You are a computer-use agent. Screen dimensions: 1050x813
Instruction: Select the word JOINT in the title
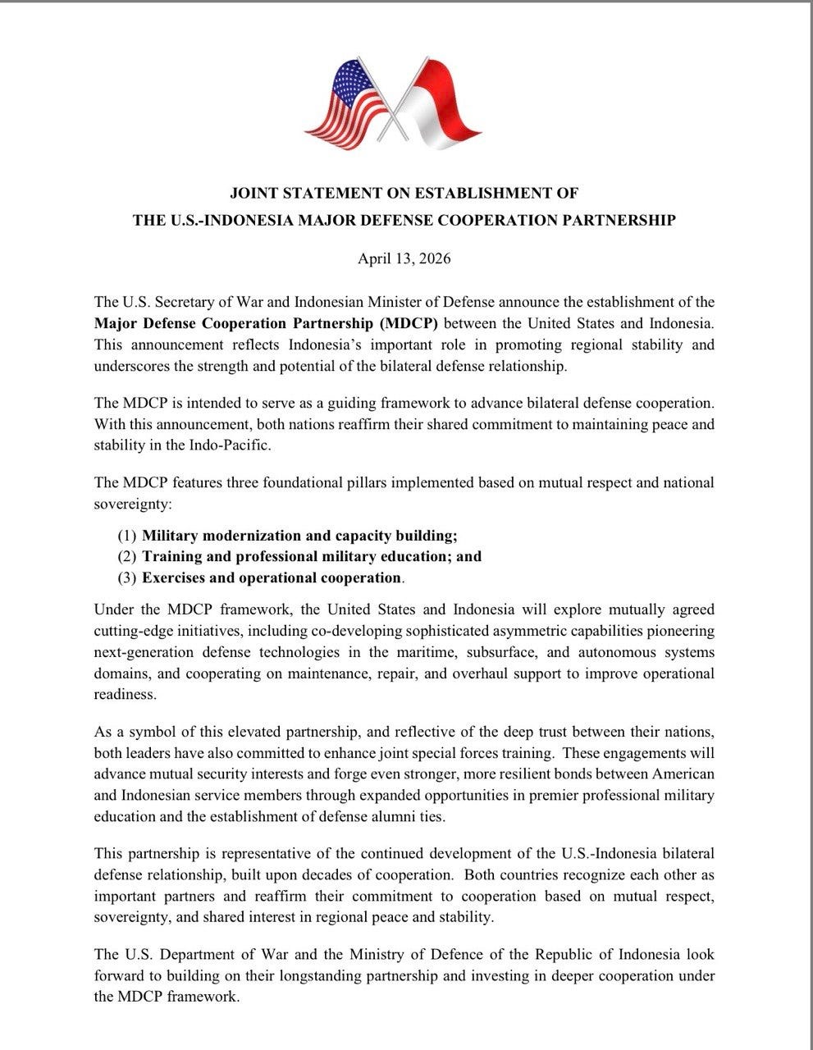(x=253, y=194)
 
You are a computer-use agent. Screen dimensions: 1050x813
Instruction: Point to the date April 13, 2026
(x=404, y=259)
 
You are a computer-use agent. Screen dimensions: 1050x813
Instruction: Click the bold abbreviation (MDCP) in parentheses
(x=409, y=323)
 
